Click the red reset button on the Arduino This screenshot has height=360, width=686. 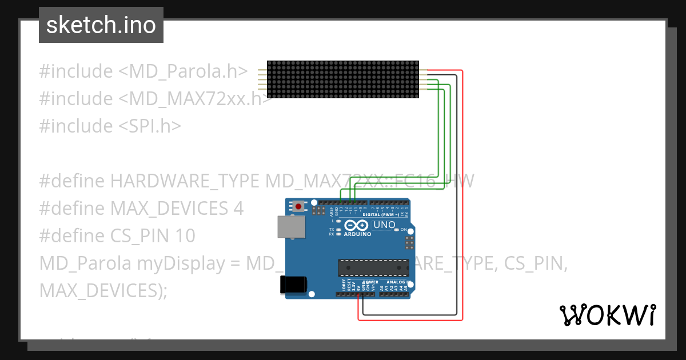[x=297, y=206]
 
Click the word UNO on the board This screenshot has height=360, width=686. [x=384, y=225]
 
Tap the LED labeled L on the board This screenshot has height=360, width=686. [x=339, y=221]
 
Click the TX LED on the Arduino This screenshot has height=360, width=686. [x=339, y=229]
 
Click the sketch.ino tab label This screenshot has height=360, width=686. [x=101, y=25]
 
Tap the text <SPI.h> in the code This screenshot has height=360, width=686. [x=150, y=126]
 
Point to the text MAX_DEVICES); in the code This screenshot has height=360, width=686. [x=103, y=290]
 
